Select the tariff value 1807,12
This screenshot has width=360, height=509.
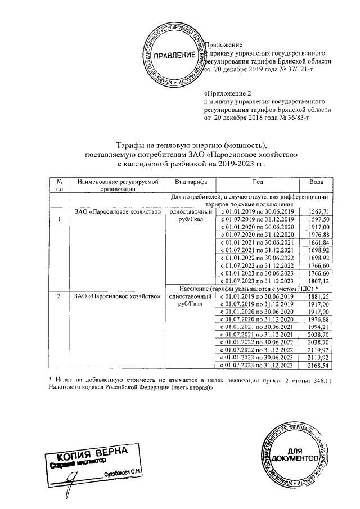pyautogui.click(x=317, y=281)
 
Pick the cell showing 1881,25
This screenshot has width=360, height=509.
pyautogui.click(x=317, y=296)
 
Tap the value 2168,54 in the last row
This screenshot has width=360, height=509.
pyautogui.click(x=317, y=366)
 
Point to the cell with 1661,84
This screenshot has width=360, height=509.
pyautogui.click(x=317, y=242)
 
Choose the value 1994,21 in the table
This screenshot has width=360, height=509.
pyautogui.click(x=317, y=327)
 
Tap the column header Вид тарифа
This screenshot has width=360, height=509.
pyautogui.click(x=191, y=183)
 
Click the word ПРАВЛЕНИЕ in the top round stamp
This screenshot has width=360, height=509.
pyautogui.click(x=175, y=55)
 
